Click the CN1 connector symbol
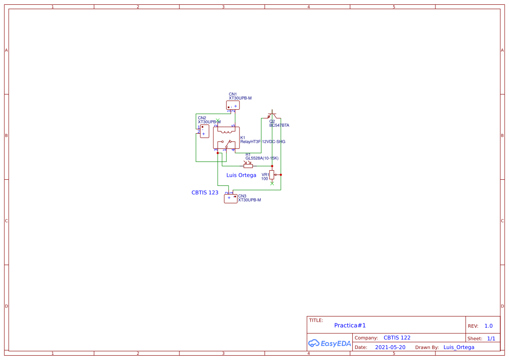[x=233, y=105]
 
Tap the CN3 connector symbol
[x=231, y=199]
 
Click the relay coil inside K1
[x=226, y=131]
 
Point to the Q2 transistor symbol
[x=272, y=116]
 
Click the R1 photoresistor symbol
[x=248, y=166]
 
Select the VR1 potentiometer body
[x=272, y=175]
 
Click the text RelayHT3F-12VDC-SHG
[x=263, y=142]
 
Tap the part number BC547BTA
[x=279, y=125]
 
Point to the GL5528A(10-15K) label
[x=262, y=158]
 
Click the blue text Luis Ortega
[x=241, y=175]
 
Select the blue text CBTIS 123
[x=205, y=192]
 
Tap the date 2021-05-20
[x=390, y=347]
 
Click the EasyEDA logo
[x=329, y=343]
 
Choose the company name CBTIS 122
[x=397, y=338]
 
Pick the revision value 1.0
[x=488, y=326]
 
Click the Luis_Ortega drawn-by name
[x=458, y=347]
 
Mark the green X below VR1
[x=272, y=184]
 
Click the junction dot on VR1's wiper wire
[x=281, y=175]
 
